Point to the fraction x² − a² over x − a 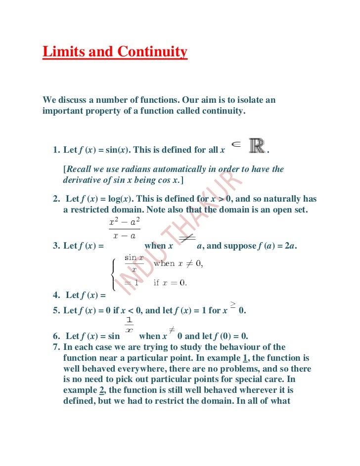click(124, 229)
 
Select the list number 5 click(55, 311)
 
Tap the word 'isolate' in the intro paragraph click(249, 100)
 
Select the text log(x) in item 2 click(119, 199)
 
